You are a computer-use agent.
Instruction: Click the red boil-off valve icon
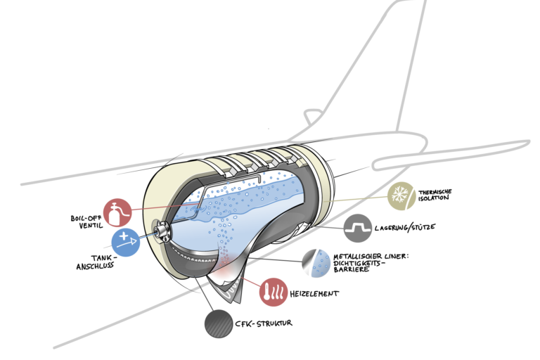click(x=117, y=212)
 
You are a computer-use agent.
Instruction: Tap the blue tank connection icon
click(x=126, y=242)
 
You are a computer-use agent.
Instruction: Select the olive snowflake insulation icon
click(x=401, y=196)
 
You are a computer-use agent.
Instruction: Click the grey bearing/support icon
click(x=358, y=228)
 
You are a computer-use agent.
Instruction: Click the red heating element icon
click(x=274, y=292)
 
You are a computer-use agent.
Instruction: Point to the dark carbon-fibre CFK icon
click(x=219, y=324)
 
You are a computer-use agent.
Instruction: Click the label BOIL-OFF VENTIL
click(x=86, y=222)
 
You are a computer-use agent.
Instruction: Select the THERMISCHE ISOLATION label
click(x=435, y=195)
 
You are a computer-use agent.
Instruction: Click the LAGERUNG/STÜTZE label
click(x=405, y=227)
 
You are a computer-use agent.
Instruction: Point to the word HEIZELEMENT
click(x=314, y=293)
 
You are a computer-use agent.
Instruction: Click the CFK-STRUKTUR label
click(x=264, y=323)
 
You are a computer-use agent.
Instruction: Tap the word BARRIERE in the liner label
click(x=351, y=269)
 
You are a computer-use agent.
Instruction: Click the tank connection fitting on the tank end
click(x=161, y=230)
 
